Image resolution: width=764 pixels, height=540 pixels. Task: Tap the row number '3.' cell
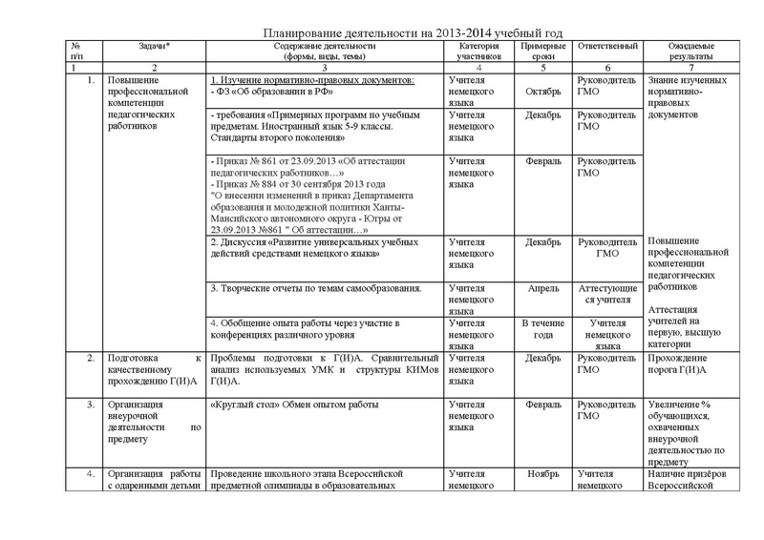[x=88, y=405]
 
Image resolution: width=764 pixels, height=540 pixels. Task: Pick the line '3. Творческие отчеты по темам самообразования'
[x=315, y=286]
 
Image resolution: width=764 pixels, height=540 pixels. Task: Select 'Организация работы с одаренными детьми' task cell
[x=153, y=479]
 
